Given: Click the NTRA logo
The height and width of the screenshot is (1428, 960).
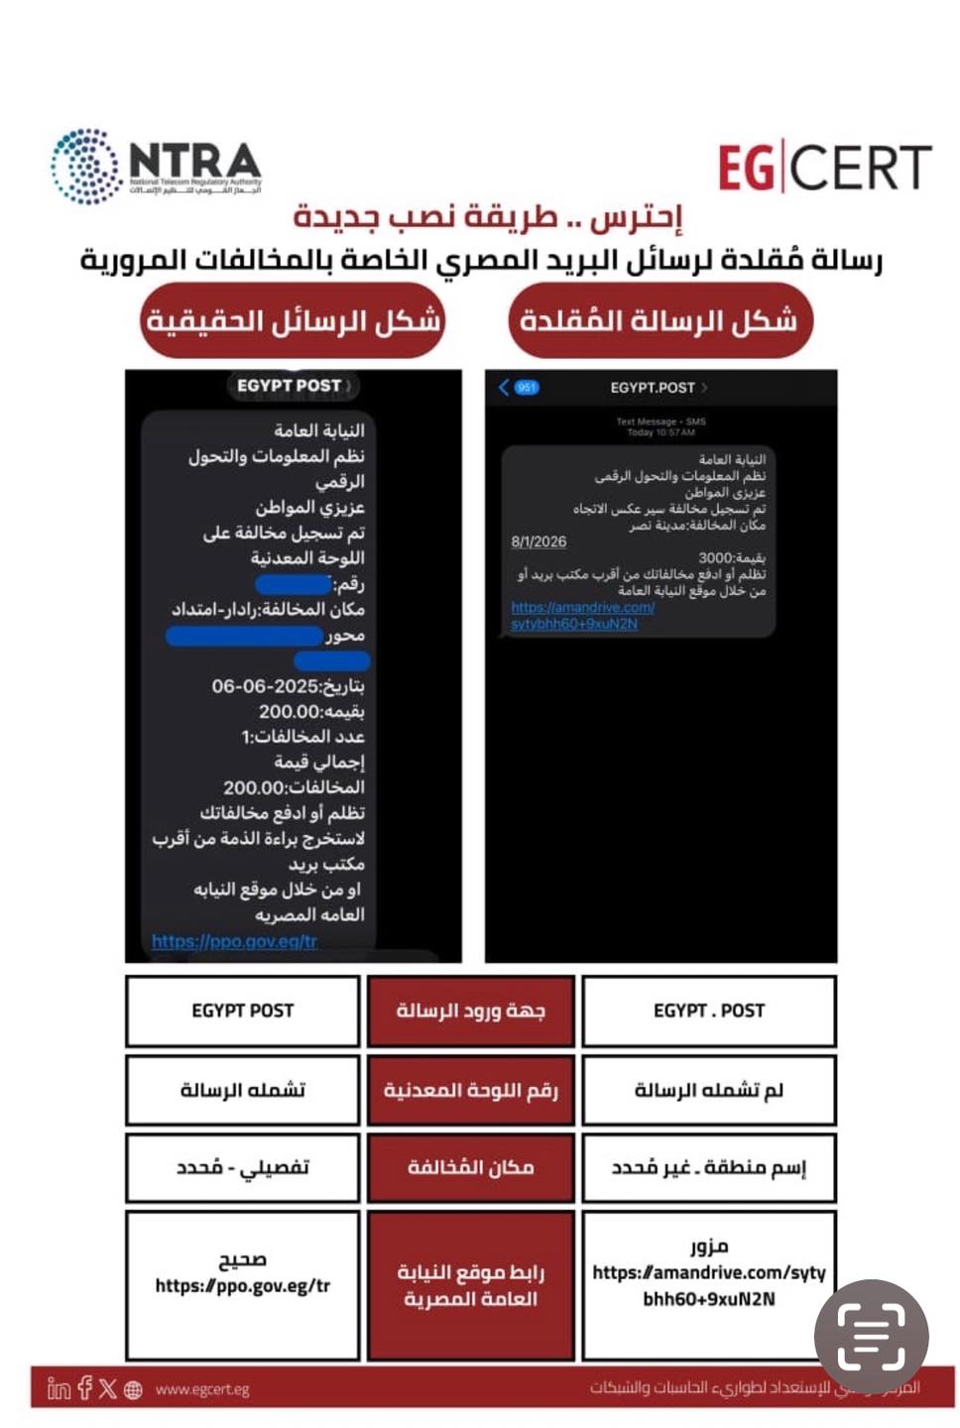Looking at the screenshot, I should pos(157,167).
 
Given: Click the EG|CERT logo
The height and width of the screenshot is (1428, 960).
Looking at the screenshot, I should pos(824,167).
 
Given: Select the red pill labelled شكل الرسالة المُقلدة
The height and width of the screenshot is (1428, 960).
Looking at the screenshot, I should pos(660,320).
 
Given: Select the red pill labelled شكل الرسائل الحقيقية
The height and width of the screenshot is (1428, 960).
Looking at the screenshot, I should pos(293,320).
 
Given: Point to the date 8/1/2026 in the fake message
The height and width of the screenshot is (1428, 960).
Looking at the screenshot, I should pos(539,541).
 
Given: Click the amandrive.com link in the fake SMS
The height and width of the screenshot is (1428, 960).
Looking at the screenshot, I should pos(582,615).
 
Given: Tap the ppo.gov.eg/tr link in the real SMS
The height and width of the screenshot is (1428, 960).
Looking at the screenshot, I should pos(234,941).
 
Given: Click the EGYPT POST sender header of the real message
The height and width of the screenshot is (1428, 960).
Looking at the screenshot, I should pos(290,386).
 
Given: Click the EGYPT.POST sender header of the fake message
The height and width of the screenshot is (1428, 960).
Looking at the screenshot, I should pos(653,387).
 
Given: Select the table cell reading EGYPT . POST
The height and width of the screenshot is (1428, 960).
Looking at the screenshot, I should pos(709,1011).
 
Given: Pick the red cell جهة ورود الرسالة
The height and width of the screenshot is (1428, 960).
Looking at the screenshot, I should pos(470,1011).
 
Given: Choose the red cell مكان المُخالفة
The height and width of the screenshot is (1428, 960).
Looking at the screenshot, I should pos(470,1167).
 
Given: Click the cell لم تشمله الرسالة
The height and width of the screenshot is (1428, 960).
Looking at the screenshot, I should pos(709,1090).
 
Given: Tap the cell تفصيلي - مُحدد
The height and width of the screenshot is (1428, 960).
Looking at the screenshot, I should pos(242,1167).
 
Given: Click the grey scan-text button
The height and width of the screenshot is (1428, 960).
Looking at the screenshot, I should pos(871,1337).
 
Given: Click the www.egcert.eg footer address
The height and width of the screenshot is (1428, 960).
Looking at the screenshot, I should pos(201,1389).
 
